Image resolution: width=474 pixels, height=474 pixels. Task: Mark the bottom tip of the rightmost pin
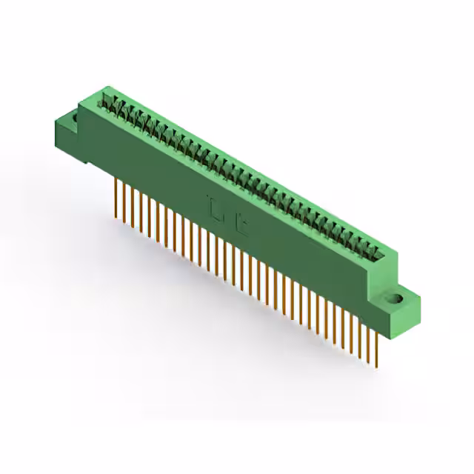pos(379,364)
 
